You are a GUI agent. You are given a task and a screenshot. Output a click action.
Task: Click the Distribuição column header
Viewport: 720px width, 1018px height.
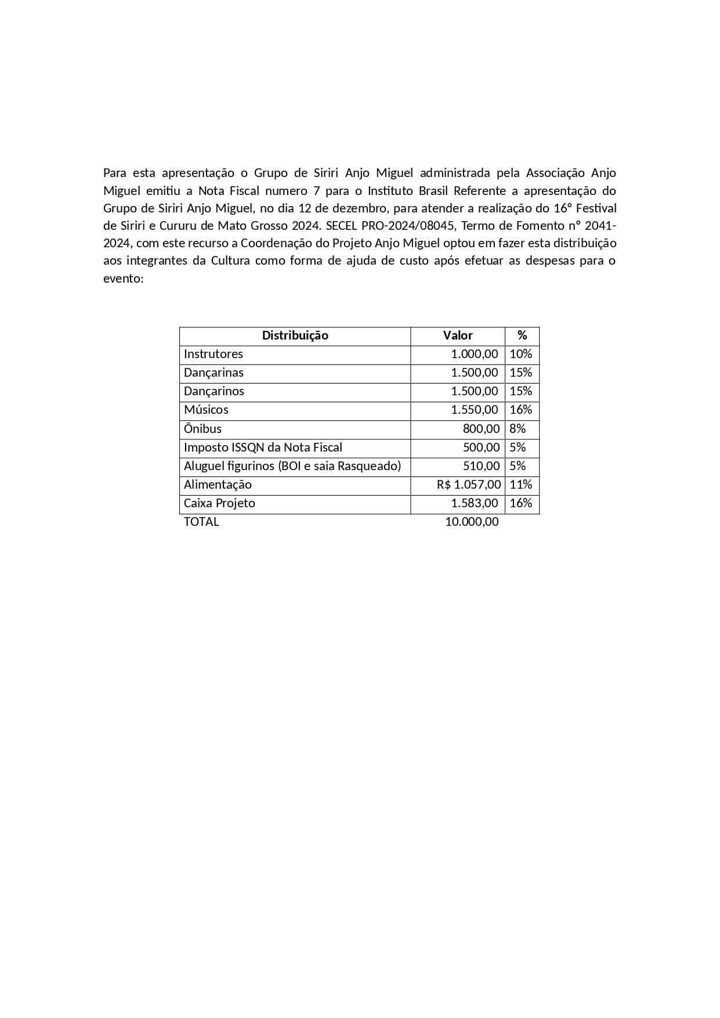(295, 335)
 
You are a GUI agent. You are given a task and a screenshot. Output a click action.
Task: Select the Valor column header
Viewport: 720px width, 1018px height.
(458, 335)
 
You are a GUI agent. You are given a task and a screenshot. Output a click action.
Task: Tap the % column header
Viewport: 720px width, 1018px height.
(522, 335)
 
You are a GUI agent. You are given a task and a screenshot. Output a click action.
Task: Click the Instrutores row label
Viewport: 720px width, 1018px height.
(213, 354)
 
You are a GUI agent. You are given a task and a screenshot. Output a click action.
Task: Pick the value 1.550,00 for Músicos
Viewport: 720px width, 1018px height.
(475, 410)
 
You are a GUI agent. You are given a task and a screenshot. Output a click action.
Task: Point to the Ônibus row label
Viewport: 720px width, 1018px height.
(202, 429)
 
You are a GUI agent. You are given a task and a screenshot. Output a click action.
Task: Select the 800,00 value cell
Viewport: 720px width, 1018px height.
(481, 429)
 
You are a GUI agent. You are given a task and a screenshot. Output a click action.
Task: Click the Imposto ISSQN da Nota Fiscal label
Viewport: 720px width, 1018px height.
(263, 447)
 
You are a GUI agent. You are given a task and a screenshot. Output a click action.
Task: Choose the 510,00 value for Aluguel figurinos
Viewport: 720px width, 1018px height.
(481, 466)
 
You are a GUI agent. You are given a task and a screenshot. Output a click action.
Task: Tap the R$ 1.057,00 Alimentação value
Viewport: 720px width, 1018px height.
(469, 485)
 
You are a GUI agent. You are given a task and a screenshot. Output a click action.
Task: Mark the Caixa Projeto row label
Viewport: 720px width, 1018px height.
(219, 503)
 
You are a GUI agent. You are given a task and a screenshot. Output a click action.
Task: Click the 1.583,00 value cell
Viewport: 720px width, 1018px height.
(475, 503)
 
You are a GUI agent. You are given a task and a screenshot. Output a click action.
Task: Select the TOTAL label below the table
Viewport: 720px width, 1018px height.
(201, 522)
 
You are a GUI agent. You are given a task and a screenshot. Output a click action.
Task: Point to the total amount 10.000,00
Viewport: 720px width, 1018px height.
(472, 522)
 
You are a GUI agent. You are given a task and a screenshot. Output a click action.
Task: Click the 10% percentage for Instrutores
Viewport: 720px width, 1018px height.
(520, 354)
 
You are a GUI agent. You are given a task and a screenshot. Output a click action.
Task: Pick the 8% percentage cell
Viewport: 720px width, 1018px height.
(518, 429)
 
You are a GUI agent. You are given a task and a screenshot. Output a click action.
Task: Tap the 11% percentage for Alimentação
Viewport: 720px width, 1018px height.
(520, 485)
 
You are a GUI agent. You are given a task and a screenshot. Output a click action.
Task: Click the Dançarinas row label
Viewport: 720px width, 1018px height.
(214, 373)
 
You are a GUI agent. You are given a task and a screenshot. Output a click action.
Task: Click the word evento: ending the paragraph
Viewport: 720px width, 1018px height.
(123, 279)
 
